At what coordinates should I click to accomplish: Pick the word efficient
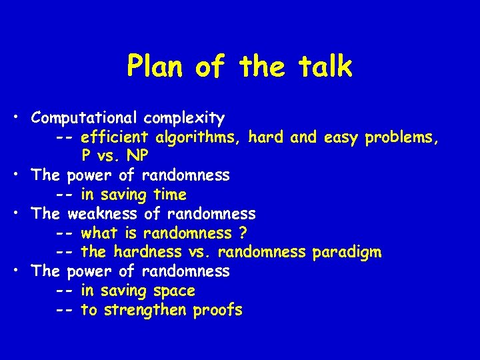[115, 138]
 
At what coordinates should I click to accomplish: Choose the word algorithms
[199, 138]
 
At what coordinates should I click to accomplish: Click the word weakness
[103, 214]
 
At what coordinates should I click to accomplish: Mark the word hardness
[147, 253]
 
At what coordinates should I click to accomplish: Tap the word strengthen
[147, 310]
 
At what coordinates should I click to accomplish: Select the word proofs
[218, 310]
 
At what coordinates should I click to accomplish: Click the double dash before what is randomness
[65, 233]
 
